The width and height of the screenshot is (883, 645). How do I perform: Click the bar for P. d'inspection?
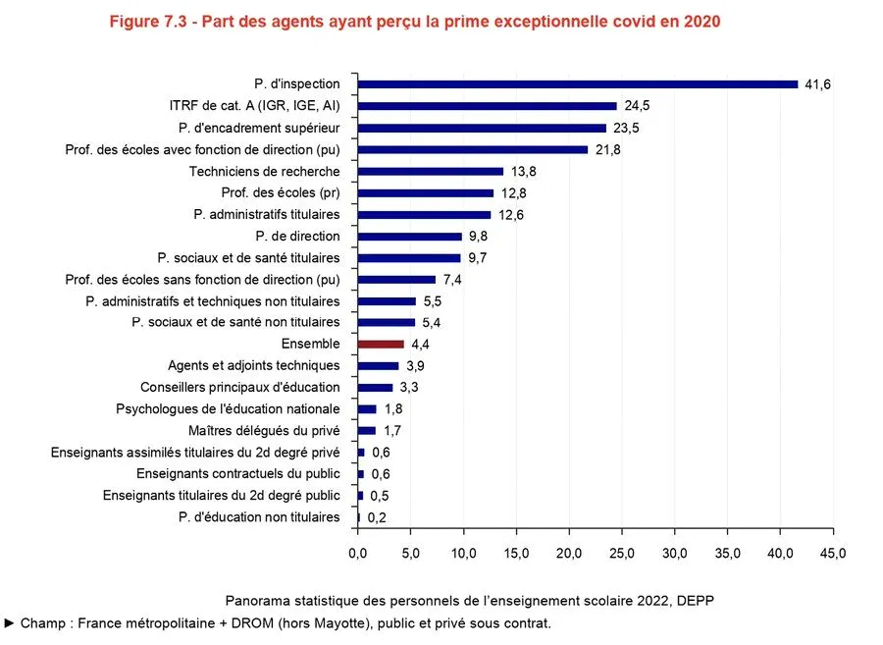tap(578, 84)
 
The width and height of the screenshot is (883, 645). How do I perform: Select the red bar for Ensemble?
tap(381, 345)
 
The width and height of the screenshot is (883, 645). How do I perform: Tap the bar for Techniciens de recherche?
tap(431, 171)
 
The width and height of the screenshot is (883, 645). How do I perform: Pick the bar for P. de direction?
tap(410, 237)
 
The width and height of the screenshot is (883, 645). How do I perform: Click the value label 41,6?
tap(818, 85)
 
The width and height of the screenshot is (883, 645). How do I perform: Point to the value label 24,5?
tap(637, 107)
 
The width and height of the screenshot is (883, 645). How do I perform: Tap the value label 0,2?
tap(378, 518)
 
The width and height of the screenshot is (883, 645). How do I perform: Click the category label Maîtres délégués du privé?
tap(264, 431)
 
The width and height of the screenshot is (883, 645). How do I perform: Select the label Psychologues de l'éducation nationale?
tap(228, 409)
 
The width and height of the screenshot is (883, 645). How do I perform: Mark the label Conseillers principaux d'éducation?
tap(240, 388)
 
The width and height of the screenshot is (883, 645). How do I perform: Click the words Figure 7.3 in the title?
tap(150, 22)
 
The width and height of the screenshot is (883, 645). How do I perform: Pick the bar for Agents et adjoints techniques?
tap(379, 366)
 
